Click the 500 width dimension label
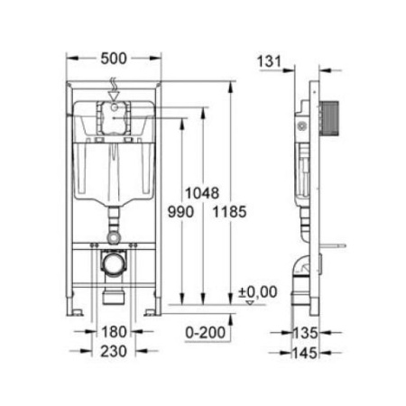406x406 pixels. pyautogui.click(x=113, y=59)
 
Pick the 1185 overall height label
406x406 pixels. pyautogui.click(x=233, y=210)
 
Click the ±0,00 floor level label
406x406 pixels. pyautogui.click(x=257, y=291)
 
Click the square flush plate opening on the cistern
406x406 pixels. pyautogui.click(x=113, y=119)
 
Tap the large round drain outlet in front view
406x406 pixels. pyautogui.click(x=113, y=267)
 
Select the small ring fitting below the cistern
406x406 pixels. pyautogui.click(x=113, y=235)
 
